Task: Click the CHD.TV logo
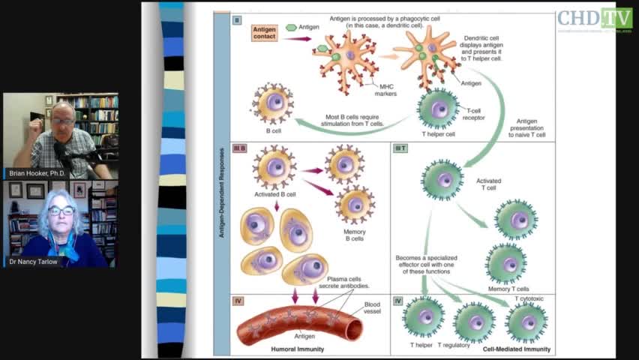[x=595, y=19]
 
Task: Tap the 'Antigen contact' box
[x=264, y=32]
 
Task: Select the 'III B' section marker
[x=240, y=148]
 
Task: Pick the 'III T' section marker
[x=400, y=148]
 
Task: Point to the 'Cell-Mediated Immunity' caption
[x=516, y=349]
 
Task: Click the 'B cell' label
[x=273, y=130]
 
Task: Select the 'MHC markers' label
[x=385, y=90]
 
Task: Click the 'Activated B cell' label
[x=274, y=194]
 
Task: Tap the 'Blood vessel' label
[x=372, y=307]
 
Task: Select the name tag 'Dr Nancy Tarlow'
[x=35, y=262]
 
